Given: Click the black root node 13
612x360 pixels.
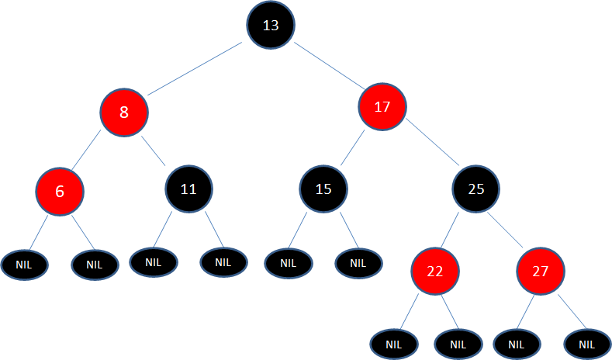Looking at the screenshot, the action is click(271, 25).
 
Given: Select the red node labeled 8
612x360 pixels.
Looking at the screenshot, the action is click(124, 112).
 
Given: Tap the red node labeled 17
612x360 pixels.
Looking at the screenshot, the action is click(382, 106).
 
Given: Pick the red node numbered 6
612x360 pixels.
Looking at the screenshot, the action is click(60, 192).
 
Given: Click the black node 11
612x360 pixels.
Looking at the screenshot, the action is click(189, 189).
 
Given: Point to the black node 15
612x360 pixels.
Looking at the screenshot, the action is click(323, 189).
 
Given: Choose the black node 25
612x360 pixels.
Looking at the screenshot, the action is click(475, 189).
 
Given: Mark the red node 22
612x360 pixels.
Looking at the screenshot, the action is click(435, 271).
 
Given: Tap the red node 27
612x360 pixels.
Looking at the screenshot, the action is click(541, 271).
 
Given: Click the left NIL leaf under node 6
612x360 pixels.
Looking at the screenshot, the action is click(24, 265).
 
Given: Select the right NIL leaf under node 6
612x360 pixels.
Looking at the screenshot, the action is click(95, 265).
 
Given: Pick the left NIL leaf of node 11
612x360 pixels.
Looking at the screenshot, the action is click(154, 262).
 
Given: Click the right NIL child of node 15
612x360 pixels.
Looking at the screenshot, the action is click(358, 264).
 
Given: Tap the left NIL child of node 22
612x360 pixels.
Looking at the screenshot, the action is click(394, 344).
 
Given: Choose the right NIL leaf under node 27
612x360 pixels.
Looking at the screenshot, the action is click(587, 344).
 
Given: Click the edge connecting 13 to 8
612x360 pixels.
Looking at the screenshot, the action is click(195, 69).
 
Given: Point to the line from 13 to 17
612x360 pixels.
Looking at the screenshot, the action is click(329, 66).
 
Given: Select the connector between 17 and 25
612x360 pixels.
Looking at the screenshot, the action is click(433, 142).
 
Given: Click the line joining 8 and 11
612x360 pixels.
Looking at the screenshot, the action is click(153, 151).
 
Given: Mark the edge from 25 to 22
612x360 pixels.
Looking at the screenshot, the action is click(450, 230).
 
